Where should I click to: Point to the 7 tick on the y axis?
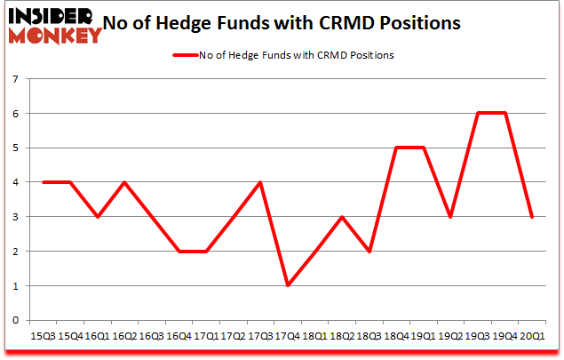pos(16,79)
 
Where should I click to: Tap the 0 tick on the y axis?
pos(16,320)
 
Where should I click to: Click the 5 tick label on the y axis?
pos(16,148)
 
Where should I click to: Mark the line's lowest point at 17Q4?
pos(287,285)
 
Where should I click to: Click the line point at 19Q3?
pos(477,114)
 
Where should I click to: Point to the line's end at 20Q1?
pos(531,217)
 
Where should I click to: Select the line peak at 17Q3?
pos(259,182)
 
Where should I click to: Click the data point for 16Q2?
pos(123,182)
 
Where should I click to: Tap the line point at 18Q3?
pos(369,252)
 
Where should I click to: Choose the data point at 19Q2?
pos(450,217)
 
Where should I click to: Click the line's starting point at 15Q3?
pos(42,182)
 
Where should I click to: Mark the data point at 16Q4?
pos(178,252)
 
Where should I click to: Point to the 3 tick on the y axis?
pos(16,217)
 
